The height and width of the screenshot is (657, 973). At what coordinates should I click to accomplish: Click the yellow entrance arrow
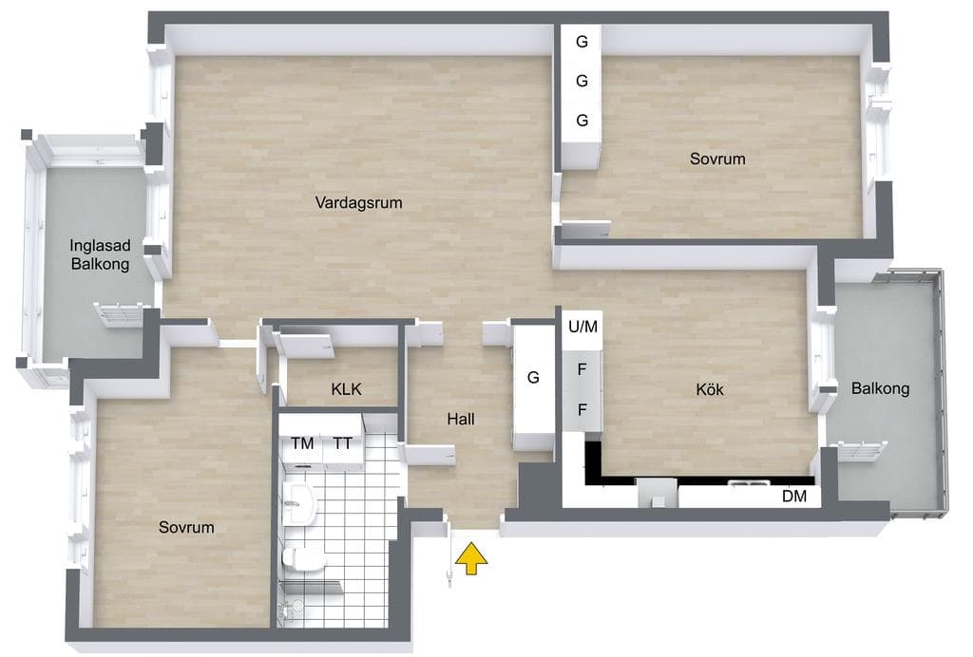(x=471, y=558)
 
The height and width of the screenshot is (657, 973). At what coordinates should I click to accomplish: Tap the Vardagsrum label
(x=358, y=202)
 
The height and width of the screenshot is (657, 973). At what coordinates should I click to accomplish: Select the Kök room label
(x=710, y=389)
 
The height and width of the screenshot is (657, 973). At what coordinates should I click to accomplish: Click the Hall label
(x=461, y=419)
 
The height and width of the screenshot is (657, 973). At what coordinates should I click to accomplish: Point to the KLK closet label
(x=346, y=389)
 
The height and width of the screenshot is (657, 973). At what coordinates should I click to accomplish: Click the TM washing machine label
(x=302, y=443)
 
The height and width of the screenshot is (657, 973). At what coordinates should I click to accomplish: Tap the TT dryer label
(x=342, y=443)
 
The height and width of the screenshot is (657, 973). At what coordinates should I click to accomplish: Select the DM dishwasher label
(x=794, y=496)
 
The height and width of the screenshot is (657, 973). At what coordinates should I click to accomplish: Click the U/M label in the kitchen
(x=582, y=326)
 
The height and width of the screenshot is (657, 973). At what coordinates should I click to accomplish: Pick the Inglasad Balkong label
(x=100, y=254)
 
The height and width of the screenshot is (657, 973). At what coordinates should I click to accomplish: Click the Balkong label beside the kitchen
(x=880, y=388)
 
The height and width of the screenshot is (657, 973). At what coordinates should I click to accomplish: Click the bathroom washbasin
(x=300, y=502)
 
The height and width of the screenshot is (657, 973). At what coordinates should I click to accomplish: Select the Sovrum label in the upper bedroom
(x=717, y=159)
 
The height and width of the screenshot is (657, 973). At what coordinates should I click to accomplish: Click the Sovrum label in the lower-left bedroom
(x=186, y=528)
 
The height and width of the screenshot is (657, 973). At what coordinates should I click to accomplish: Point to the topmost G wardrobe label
(x=582, y=42)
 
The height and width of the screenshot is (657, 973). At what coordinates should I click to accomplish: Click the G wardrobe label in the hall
(x=533, y=377)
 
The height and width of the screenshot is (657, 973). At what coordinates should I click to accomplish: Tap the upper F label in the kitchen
(x=582, y=369)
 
